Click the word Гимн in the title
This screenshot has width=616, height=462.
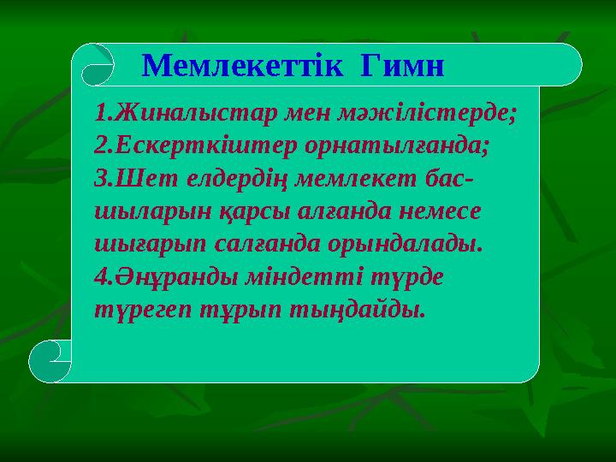tap(403, 65)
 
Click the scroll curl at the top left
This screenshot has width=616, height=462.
tap(93, 65)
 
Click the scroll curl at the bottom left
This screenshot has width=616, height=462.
tap(50, 360)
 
